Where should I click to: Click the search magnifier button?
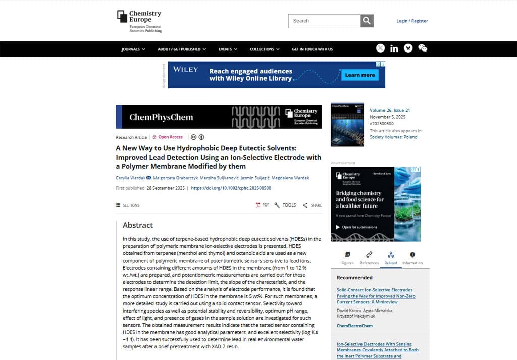pyautogui.click(x=367, y=21)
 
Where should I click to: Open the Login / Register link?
pyautogui.click(x=412, y=21)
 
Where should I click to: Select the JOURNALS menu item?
pyautogui.click(x=133, y=49)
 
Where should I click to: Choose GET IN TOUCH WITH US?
pyautogui.click(x=312, y=49)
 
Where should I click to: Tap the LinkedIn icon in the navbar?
pyautogui.click(x=394, y=48)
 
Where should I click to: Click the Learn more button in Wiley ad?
pyautogui.click(x=359, y=75)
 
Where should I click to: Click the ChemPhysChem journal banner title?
pyautogui.click(x=161, y=117)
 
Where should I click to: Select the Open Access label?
pyautogui.click(x=170, y=137)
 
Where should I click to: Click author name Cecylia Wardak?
pyautogui.click(x=130, y=178)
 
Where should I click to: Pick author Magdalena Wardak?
pyautogui.click(x=291, y=178)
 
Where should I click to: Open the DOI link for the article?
pyautogui.click(x=231, y=188)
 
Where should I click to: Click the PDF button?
pyautogui.click(x=263, y=205)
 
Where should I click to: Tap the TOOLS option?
pyautogui.click(x=286, y=205)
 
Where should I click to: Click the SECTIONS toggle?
pyautogui.click(x=128, y=205)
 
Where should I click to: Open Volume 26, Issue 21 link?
pyautogui.click(x=390, y=110)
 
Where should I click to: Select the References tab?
pyautogui.click(x=369, y=258)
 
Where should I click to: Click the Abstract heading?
pyautogui.click(x=138, y=225)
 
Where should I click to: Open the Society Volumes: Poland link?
pyautogui.click(x=393, y=137)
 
